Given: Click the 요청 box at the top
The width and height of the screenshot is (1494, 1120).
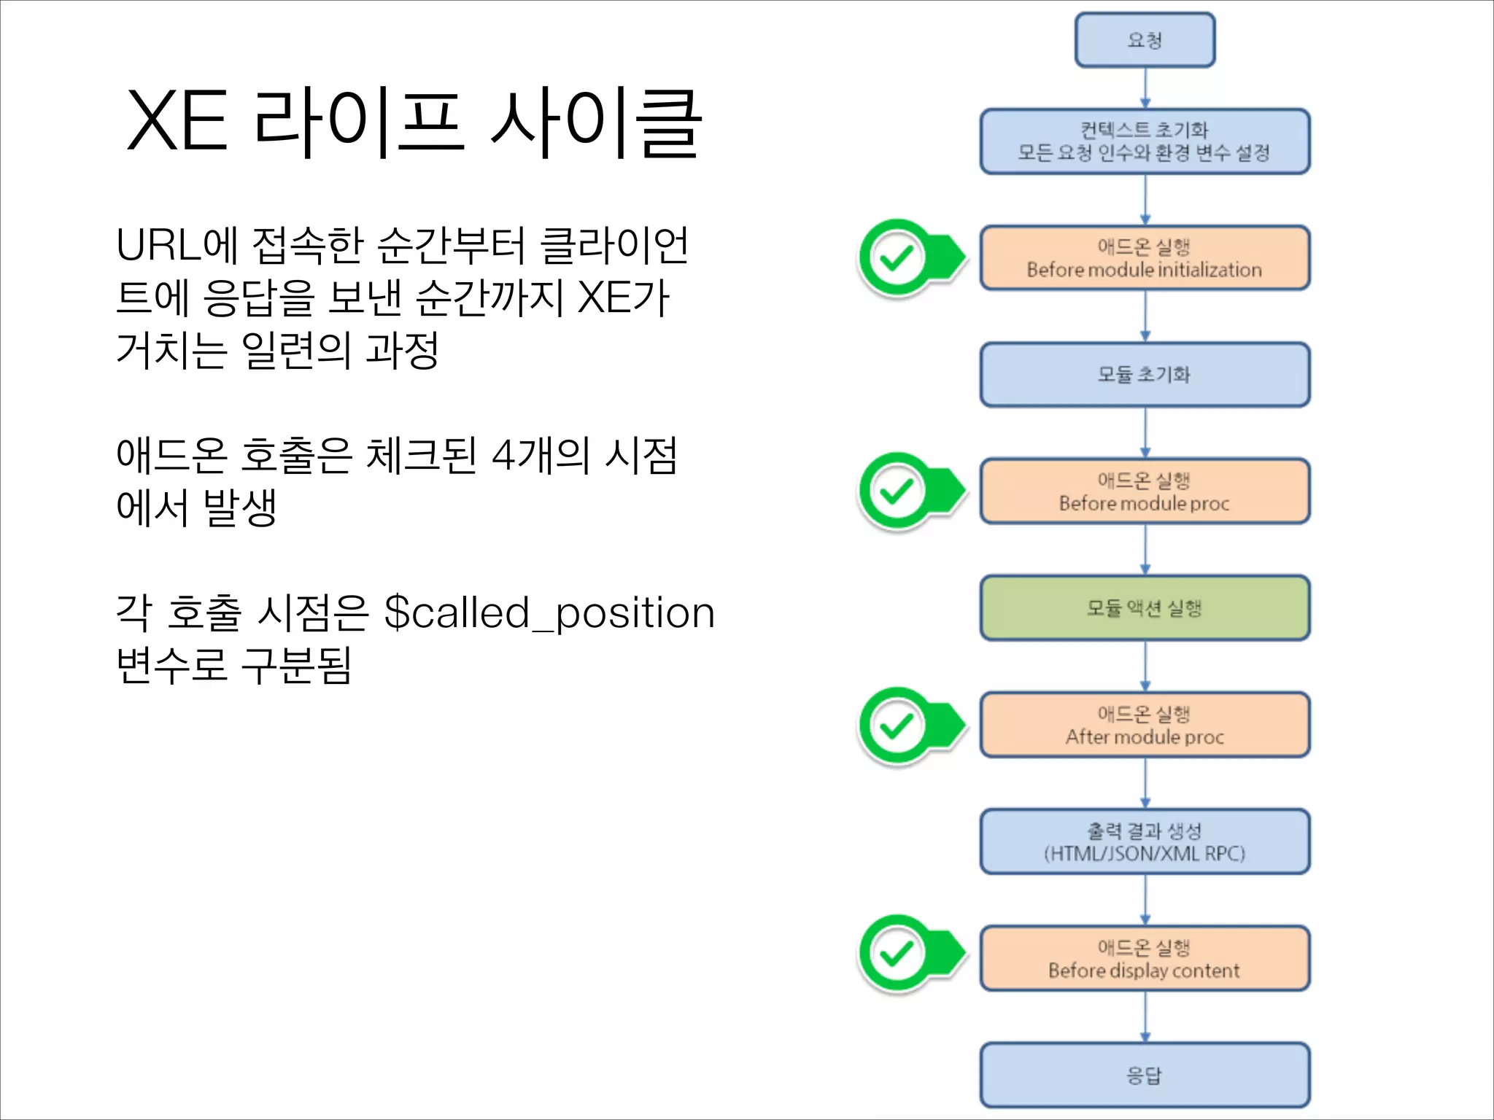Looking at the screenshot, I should tap(1145, 40).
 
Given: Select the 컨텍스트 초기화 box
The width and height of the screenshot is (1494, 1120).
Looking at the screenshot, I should tap(1145, 141).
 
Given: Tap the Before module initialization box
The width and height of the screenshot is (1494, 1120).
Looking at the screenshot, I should tap(1145, 258).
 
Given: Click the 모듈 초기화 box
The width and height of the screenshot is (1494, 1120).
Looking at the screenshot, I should tap(1145, 375).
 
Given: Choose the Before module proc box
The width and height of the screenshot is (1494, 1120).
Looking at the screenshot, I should tap(1145, 491).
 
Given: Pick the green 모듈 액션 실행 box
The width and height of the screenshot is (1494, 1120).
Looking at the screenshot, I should tap(1145, 608).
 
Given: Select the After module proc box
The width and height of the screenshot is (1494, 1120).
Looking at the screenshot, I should tap(1145, 725).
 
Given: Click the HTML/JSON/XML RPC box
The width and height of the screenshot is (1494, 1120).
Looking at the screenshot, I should tap(1145, 841).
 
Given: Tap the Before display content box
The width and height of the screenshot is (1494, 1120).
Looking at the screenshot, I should tap(1145, 958).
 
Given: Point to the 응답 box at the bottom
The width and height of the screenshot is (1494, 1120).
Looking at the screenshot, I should tap(1145, 1075).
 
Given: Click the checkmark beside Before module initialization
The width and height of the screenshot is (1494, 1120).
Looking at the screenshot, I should tap(897, 257).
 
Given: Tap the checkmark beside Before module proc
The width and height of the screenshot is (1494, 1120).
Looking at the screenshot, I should tap(897, 491).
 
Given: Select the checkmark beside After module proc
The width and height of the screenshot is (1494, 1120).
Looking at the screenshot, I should tap(897, 726).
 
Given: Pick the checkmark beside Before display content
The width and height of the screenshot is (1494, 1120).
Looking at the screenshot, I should tap(897, 953).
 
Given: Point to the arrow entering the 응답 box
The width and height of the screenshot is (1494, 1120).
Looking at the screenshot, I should tap(1145, 1018).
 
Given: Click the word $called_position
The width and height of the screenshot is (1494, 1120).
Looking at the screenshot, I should tap(549, 613).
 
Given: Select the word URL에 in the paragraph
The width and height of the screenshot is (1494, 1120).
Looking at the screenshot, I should tap(177, 245).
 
